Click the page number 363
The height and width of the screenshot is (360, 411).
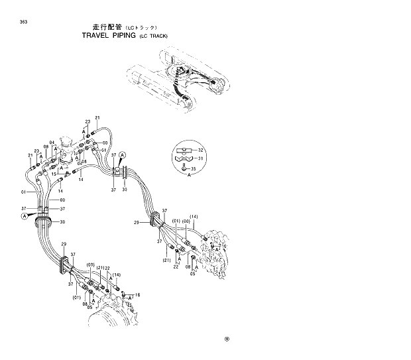[x=24, y=23]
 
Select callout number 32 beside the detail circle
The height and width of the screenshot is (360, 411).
[x=202, y=150]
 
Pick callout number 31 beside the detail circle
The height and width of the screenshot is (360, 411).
[x=202, y=158]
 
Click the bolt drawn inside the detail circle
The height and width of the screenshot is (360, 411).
[x=184, y=168]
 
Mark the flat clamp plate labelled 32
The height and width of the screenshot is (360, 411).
[x=184, y=150]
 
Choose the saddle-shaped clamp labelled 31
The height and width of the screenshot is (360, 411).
[x=184, y=159]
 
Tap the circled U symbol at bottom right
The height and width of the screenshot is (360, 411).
[x=227, y=338]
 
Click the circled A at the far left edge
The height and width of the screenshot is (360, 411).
[x=25, y=216]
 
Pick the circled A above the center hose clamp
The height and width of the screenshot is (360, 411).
[x=123, y=154]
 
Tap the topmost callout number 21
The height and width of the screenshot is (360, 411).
[x=97, y=118]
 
